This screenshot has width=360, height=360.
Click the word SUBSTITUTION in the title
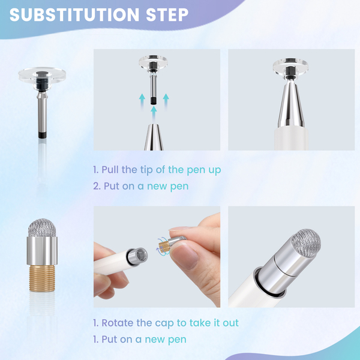coord(74,15)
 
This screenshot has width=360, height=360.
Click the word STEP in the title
coord(167,15)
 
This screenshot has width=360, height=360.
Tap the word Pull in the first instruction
coord(110,170)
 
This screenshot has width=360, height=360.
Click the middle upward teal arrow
coord(154,113)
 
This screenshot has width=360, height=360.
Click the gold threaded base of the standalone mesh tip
coord(42,278)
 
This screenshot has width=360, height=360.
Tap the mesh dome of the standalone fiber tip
coord(42,227)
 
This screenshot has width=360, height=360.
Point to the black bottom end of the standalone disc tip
coord(42,135)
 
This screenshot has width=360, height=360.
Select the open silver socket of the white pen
coord(137,256)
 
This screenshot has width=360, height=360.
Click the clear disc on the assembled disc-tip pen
coord(290,65)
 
